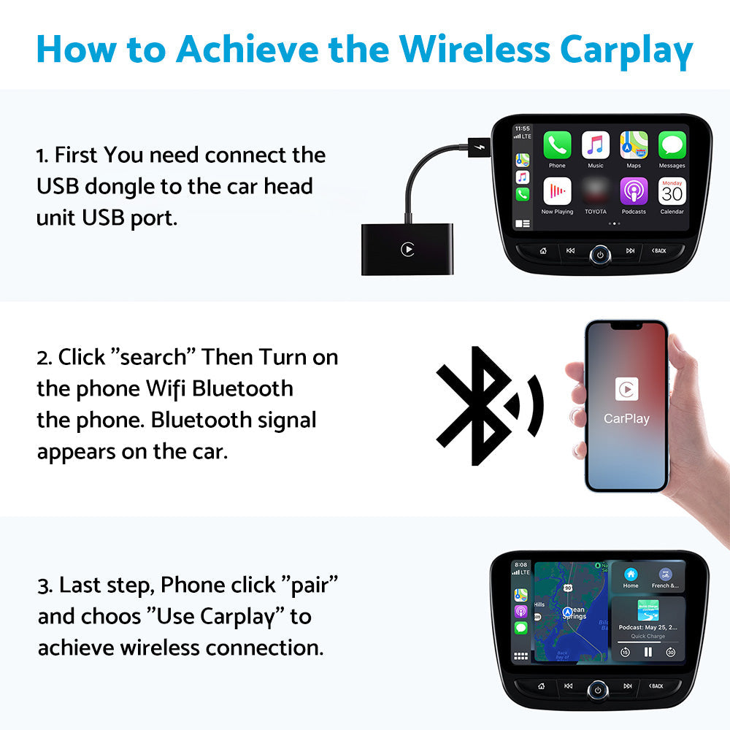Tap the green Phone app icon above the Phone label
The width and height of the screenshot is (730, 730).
tap(557, 145)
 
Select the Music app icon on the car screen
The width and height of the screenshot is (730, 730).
tap(596, 145)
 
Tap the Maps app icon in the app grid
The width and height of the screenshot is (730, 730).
tap(634, 145)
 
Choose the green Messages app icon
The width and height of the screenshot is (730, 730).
tap(672, 145)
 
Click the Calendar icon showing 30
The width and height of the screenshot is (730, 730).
tap(672, 191)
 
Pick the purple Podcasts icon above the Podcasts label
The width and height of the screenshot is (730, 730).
tap(634, 191)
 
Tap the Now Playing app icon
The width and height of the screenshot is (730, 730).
tap(557, 191)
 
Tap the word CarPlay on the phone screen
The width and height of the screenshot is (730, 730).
tap(626, 419)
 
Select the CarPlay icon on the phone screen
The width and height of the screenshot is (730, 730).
tap(626, 389)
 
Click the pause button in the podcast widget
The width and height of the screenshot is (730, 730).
tap(648, 652)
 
